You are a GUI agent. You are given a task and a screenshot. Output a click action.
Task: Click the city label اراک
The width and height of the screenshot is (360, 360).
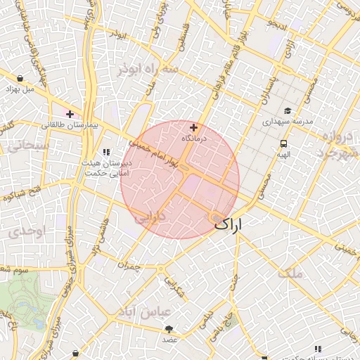[x=231, y=225]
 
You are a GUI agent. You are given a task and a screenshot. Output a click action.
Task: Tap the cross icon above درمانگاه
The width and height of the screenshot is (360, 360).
[x=194, y=128]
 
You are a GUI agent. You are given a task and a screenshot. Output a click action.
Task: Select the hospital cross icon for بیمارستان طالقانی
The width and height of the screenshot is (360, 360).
[x=70, y=113]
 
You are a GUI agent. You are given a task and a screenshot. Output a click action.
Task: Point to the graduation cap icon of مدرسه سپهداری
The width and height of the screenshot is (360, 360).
[x=288, y=110]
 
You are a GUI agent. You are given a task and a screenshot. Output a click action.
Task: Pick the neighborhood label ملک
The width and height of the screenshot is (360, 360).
[x=290, y=273]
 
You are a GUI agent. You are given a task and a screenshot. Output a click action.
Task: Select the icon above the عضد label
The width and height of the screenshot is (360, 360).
[x=169, y=328]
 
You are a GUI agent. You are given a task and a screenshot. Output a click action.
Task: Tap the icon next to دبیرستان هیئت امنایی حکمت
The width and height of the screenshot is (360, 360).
[x=106, y=151]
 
